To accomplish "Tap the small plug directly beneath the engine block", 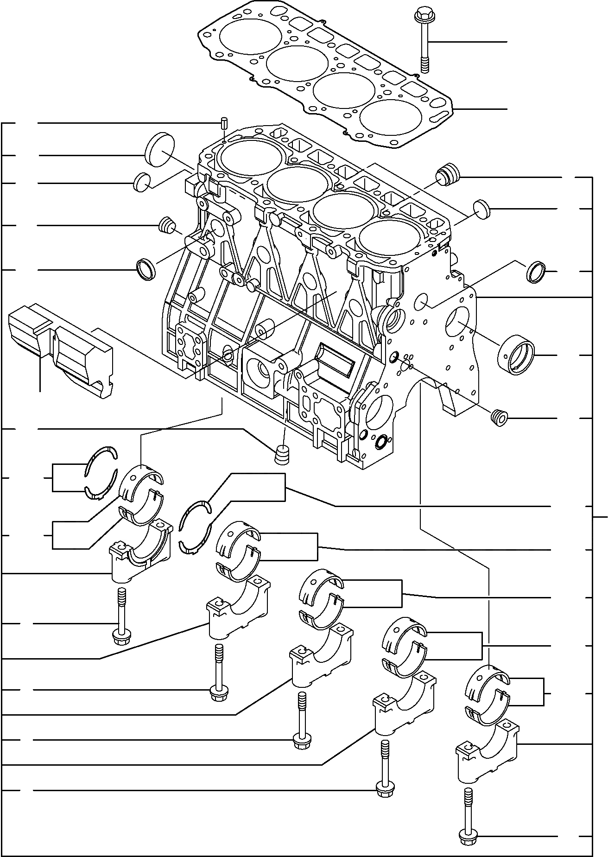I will (282, 455).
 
